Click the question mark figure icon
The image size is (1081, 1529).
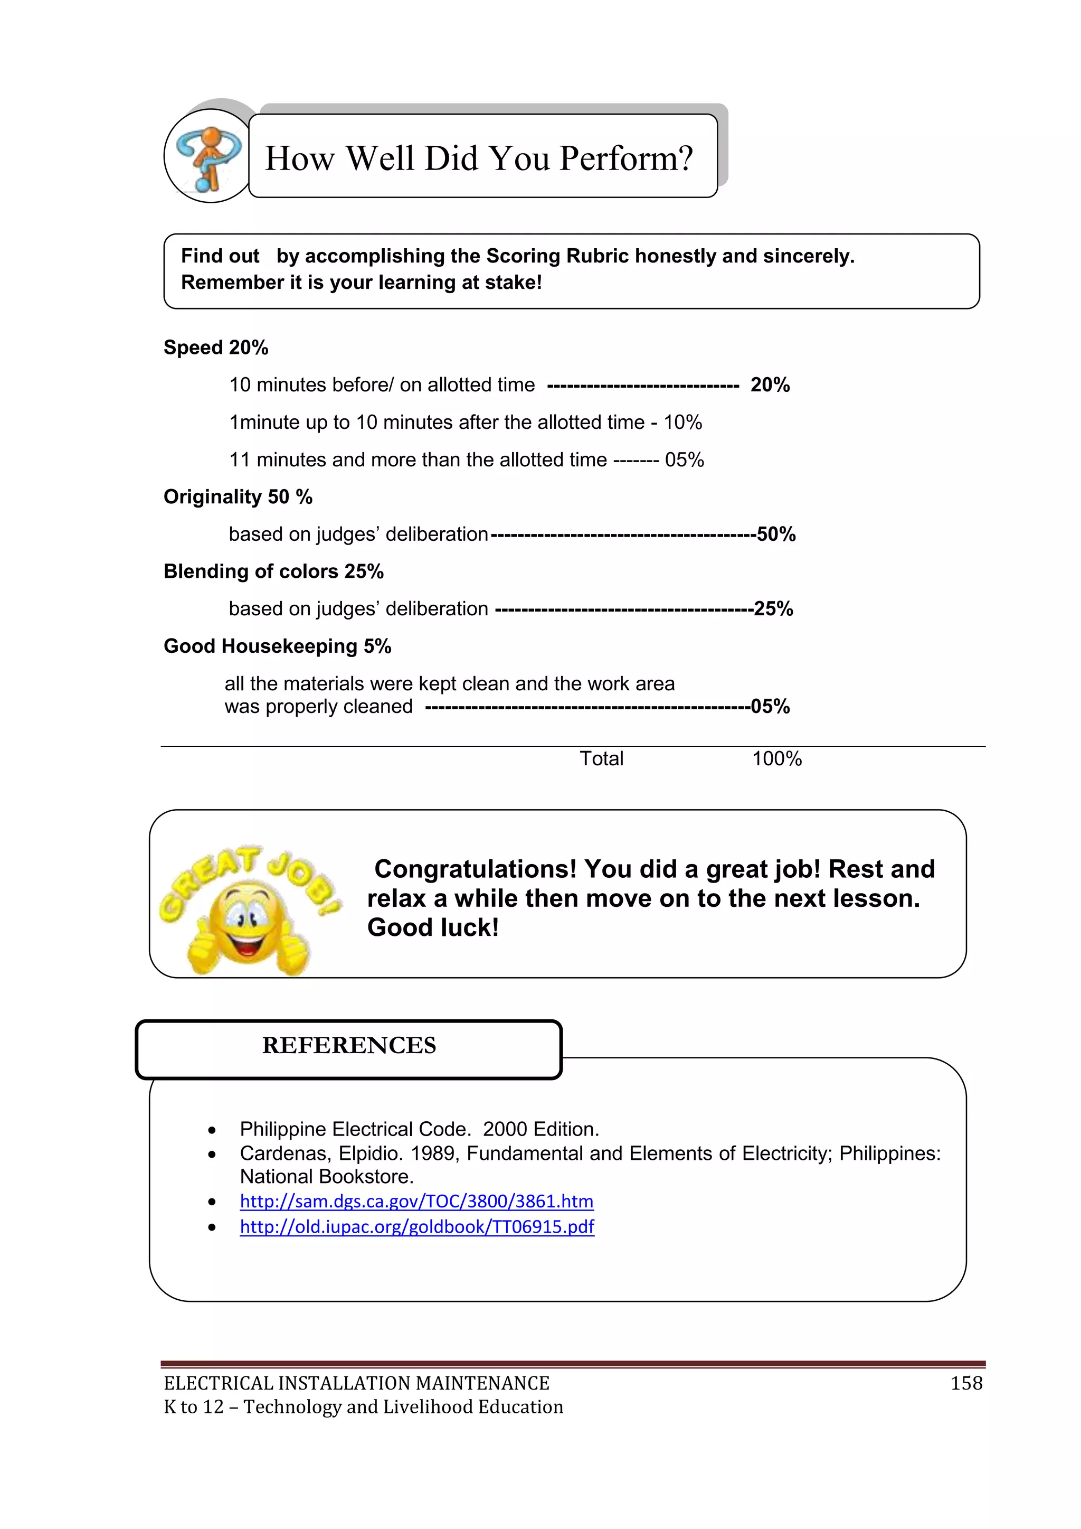click(207, 157)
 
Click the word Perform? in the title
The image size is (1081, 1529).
click(625, 158)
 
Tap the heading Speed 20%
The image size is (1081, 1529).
click(216, 348)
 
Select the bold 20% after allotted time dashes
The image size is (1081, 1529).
click(770, 385)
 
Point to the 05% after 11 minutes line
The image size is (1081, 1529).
click(684, 459)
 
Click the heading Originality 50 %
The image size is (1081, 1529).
click(238, 497)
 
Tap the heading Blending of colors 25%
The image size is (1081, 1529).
click(273, 571)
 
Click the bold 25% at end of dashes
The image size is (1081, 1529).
click(773, 608)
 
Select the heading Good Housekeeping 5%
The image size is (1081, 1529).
click(277, 646)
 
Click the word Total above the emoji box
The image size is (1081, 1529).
click(601, 758)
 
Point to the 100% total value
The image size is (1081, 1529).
click(777, 758)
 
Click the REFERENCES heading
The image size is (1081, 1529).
click(349, 1046)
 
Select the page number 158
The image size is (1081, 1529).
click(966, 1384)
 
